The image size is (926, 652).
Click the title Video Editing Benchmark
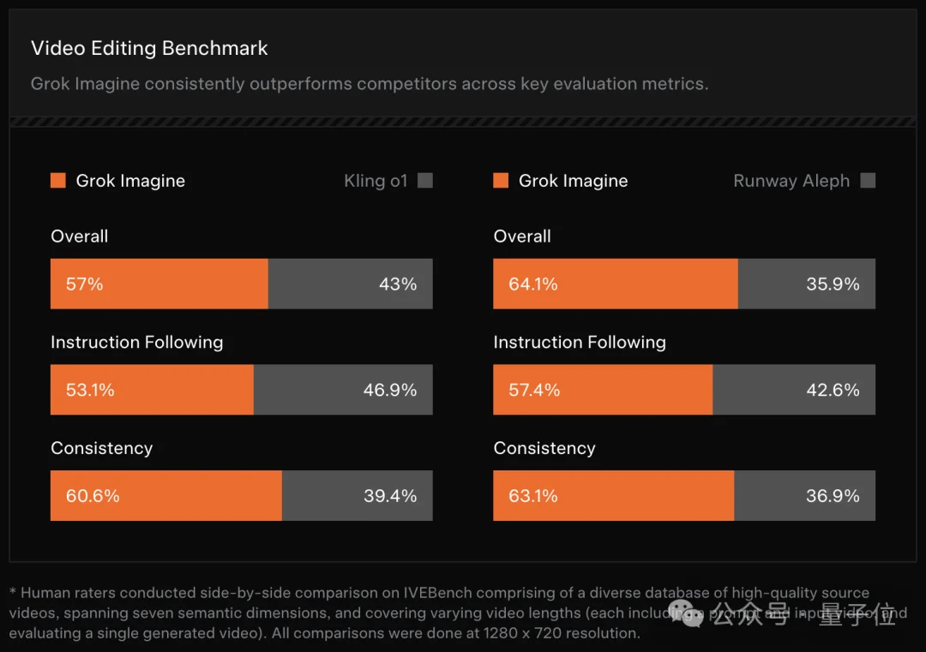149,49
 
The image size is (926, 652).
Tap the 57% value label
84,284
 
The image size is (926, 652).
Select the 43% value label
398,284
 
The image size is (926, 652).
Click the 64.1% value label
533,284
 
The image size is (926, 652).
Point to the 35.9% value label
833,284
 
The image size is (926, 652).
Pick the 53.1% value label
90,391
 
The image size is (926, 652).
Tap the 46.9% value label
390,391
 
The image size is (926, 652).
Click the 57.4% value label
534,391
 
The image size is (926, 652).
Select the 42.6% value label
833,391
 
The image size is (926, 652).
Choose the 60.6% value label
93,496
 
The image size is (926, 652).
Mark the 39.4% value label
390,496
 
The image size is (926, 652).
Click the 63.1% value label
533,496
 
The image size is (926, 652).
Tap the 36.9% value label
833,496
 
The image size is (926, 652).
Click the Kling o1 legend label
376,181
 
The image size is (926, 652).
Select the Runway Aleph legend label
791,181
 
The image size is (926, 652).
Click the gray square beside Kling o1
424,181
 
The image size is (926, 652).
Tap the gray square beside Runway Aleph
868,181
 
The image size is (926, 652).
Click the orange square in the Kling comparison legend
58,181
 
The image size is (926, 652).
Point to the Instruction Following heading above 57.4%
580,343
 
